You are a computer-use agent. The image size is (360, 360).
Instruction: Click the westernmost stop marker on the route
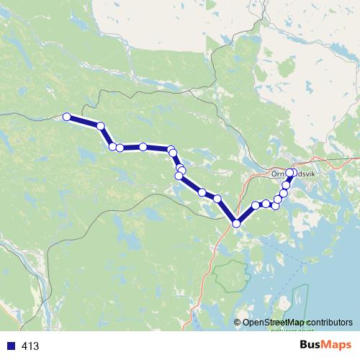click(67, 117)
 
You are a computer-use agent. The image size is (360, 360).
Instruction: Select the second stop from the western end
click(101, 126)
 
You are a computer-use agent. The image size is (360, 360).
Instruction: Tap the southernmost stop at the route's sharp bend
click(235, 223)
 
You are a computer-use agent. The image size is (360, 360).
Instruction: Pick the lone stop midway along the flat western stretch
click(143, 147)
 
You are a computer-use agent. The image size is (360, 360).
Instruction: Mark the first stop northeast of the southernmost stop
click(256, 206)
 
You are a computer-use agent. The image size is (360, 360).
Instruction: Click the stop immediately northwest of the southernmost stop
click(217, 198)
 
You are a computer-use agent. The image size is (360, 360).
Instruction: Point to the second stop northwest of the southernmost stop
click(202, 192)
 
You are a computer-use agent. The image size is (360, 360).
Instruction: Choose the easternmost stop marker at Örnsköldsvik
click(290, 172)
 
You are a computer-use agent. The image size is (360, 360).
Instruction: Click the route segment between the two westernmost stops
click(84, 121)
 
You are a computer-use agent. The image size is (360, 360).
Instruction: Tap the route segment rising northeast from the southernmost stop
click(246, 215)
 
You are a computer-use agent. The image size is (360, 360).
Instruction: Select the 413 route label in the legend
click(31, 346)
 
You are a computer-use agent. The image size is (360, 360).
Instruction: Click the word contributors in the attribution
click(328, 322)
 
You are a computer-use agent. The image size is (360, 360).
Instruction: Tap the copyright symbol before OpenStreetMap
click(238, 322)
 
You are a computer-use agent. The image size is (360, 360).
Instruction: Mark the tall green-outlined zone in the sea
click(300, 302)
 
